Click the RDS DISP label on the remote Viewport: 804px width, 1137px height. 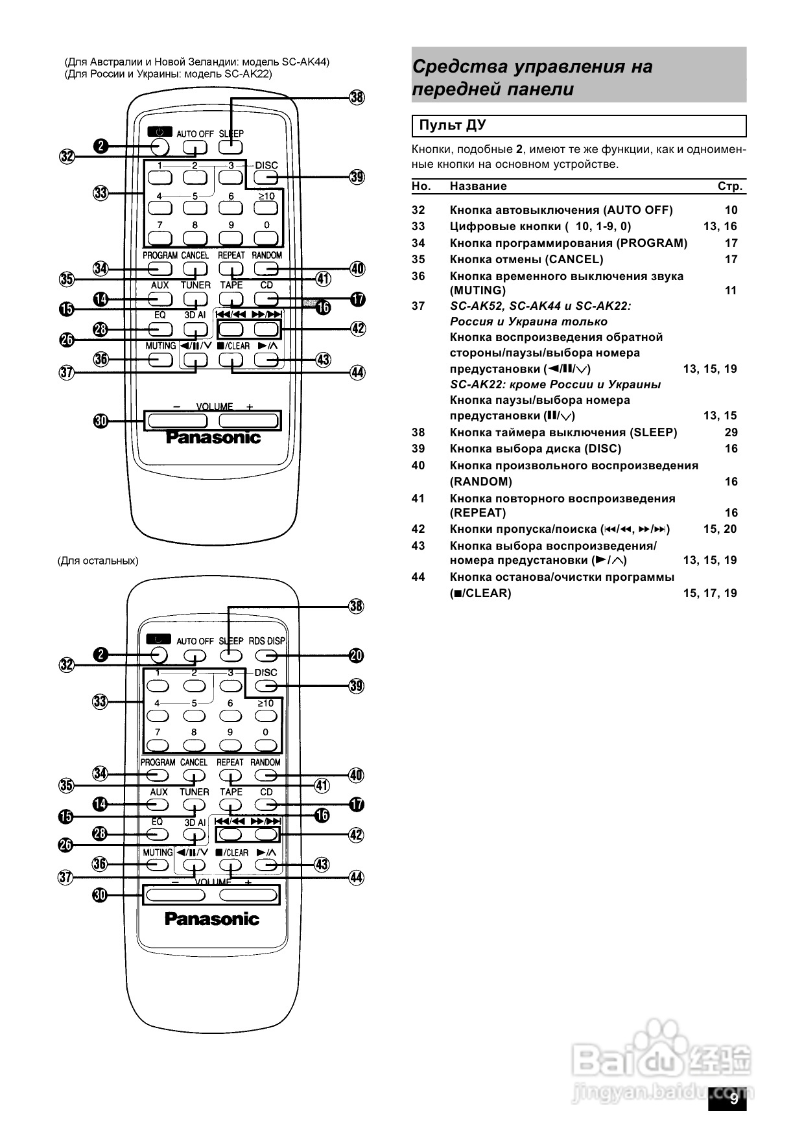click(x=266, y=640)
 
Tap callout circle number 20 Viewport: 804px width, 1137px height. click(x=356, y=655)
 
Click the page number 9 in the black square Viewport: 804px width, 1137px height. click(x=734, y=1099)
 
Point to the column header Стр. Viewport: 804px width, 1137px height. click(x=729, y=186)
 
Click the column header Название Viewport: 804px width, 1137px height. click(x=478, y=186)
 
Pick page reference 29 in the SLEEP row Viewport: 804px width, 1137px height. click(x=731, y=432)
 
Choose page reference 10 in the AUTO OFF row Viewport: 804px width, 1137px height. click(x=731, y=210)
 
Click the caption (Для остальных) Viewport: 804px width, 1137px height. click(x=98, y=561)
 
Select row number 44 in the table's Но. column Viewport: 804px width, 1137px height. click(x=418, y=577)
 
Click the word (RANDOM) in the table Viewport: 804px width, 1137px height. click(x=481, y=482)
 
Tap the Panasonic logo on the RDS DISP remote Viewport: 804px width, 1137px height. click(x=211, y=919)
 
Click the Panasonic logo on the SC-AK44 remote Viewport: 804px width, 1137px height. click(x=213, y=438)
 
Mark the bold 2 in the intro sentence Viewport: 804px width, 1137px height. click(x=519, y=150)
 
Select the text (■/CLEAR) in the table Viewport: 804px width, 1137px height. click(x=480, y=593)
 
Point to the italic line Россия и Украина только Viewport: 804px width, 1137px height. click(x=528, y=322)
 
